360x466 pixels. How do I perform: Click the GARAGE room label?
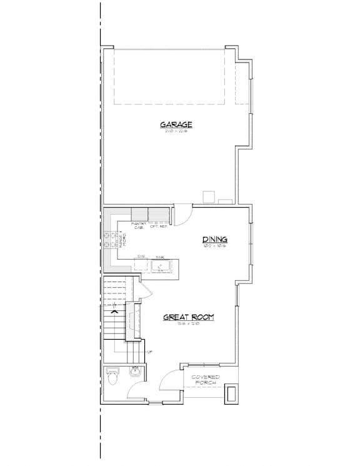point(176,124)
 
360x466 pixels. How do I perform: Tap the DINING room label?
point(214,240)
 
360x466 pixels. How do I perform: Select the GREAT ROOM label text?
point(188,318)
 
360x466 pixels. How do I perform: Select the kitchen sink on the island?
point(160,267)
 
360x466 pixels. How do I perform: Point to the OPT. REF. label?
point(159,227)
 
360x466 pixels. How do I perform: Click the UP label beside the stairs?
point(150,351)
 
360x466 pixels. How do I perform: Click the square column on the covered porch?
point(230,393)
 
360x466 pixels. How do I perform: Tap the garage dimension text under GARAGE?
point(176,131)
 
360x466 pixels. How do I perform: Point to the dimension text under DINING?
point(214,246)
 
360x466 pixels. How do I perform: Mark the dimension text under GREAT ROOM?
point(188,324)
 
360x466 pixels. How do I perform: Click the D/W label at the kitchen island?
point(141,256)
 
